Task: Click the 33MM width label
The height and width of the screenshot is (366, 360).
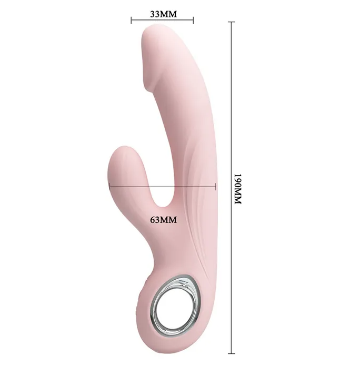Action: pos(163,14)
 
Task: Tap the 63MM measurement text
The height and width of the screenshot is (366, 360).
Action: pos(163,220)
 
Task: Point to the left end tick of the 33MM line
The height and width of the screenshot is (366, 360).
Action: pos(131,21)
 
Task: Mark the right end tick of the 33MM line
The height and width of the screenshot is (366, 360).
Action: pos(194,21)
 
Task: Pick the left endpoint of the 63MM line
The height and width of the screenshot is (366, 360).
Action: pos(109,186)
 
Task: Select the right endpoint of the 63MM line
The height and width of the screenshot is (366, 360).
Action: pos(216,186)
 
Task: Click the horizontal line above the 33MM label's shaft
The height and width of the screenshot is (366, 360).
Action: pos(163,21)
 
